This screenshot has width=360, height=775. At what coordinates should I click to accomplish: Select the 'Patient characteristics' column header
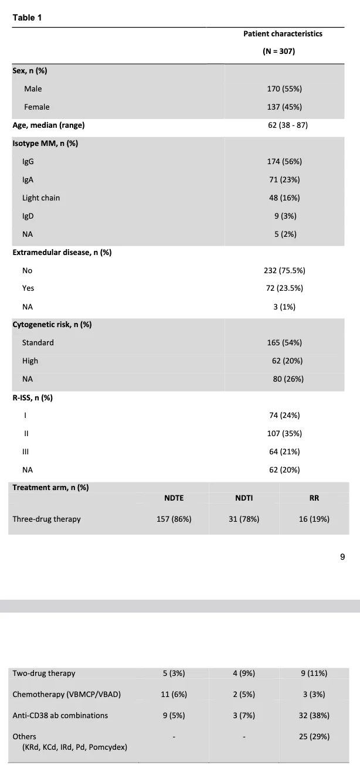[x=283, y=33]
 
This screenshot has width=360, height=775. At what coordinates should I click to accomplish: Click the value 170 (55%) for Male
[x=284, y=89]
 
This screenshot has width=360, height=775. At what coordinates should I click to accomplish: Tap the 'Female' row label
[x=36, y=107]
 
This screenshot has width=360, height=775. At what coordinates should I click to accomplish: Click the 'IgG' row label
[x=28, y=162]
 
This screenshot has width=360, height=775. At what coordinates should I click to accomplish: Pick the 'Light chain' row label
[x=41, y=198]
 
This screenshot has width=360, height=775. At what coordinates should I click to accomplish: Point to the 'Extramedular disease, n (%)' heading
[x=62, y=252]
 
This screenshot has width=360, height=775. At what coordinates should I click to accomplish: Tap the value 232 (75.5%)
[x=284, y=270]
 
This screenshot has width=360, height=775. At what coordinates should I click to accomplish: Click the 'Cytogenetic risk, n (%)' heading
[x=52, y=324]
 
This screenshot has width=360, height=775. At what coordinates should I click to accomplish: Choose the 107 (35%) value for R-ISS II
[x=284, y=433]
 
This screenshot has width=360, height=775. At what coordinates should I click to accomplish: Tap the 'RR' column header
[x=314, y=498]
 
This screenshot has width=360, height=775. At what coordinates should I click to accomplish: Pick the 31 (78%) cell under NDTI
[x=244, y=519]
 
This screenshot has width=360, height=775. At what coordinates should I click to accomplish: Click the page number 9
[x=342, y=557]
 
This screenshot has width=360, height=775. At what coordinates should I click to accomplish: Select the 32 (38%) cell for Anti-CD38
[x=314, y=715]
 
